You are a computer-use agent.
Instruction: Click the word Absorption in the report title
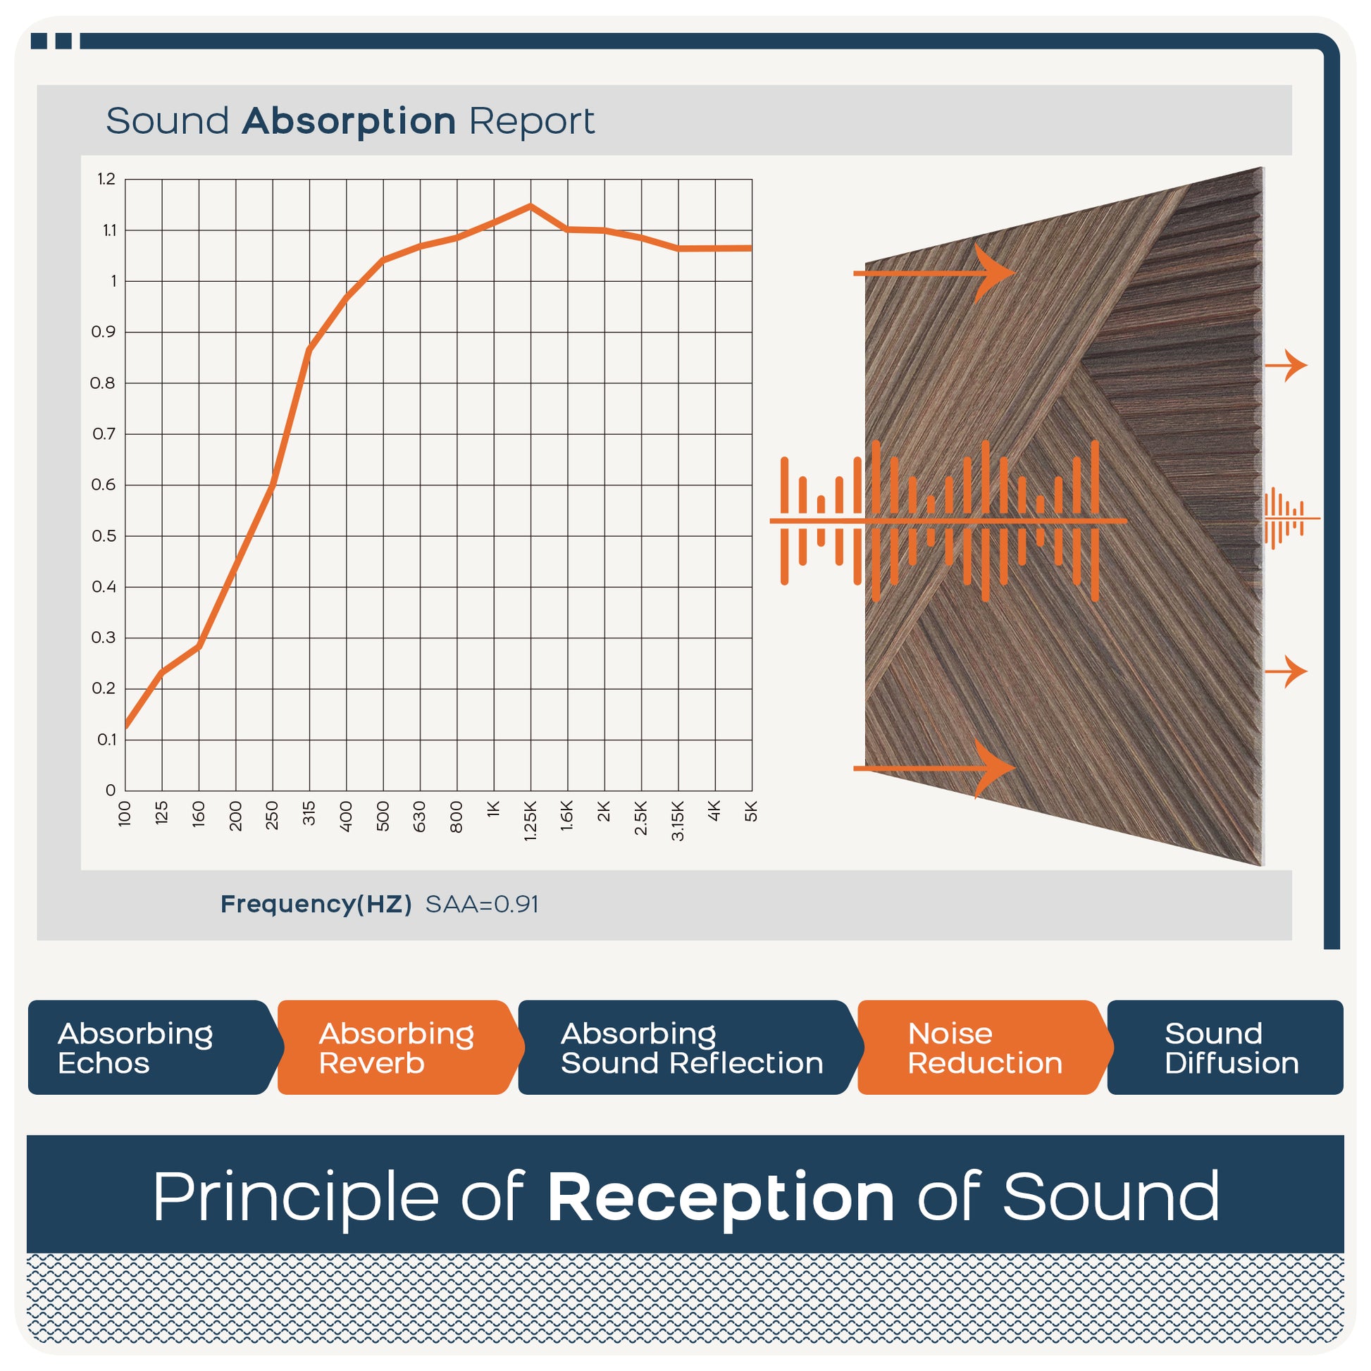coord(349,122)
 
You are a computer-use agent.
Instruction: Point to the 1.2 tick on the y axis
coord(106,179)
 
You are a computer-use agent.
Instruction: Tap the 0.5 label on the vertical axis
coord(104,535)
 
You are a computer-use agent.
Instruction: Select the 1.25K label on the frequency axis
coord(530,821)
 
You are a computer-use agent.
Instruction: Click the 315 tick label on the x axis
coord(309,813)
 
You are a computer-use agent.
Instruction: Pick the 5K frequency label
coord(752,811)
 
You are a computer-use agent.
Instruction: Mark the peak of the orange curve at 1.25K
coord(530,206)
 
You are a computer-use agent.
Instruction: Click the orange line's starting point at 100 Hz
coord(125,726)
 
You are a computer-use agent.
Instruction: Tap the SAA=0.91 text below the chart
coord(482,905)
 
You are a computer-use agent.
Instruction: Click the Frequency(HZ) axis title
coord(316,905)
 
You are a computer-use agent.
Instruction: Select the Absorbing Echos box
coord(151,1048)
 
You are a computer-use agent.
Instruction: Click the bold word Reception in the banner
coord(721,1198)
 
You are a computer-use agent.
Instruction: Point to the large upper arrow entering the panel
coord(934,273)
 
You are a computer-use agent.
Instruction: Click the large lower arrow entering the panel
coord(934,769)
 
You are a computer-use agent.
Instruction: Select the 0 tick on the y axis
coord(111,790)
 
